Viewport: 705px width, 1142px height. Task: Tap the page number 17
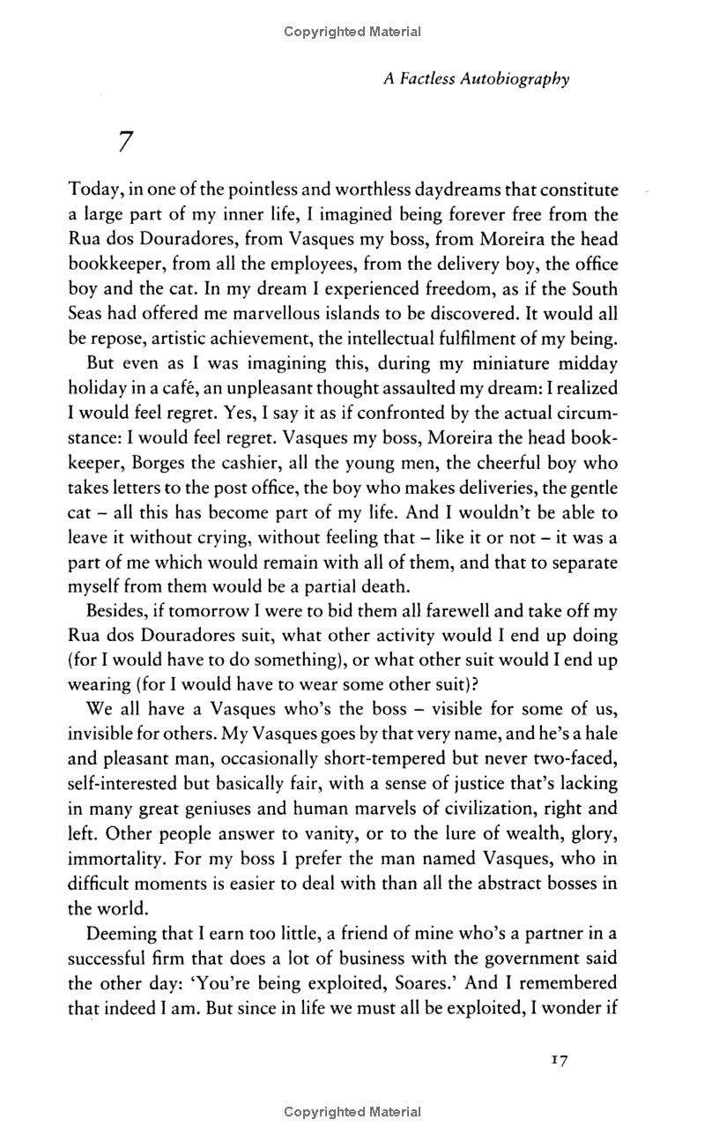(557, 1058)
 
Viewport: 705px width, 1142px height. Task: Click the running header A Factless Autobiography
(476, 78)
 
